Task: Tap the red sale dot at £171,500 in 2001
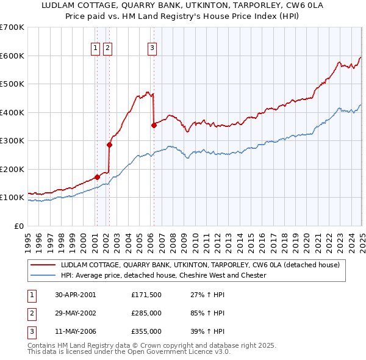(97, 177)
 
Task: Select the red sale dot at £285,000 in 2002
(109, 145)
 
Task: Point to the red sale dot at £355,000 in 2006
(154, 125)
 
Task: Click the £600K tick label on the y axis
(12, 56)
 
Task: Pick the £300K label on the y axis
(12, 141)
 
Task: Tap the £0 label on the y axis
(20, 226)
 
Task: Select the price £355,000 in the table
(146, 331)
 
